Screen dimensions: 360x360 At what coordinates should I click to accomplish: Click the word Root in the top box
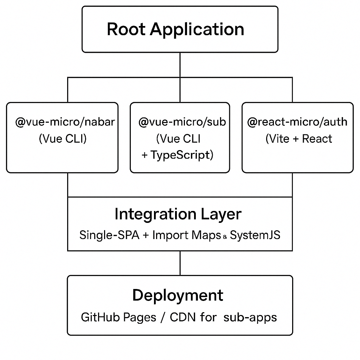pos(126,29)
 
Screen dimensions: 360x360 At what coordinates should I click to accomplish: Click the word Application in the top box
pos(197,30)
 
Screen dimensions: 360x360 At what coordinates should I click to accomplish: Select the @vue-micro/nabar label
pos(65,122)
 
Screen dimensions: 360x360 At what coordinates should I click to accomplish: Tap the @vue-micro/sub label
pos(182,122)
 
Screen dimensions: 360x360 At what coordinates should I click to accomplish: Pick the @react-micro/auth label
pos(297,122)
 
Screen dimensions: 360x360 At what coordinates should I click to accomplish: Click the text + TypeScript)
pos(178,155)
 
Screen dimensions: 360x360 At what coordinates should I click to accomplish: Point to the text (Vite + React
pos(299,139)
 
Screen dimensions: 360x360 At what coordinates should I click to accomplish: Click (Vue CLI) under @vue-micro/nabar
pos(63,139)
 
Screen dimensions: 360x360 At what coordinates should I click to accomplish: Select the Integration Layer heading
pos(178,214)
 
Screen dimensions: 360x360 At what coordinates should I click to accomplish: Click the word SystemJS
pos(255,235)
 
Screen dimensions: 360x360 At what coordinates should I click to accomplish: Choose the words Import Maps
pos(186,235)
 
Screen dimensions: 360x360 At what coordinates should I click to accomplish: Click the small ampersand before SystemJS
pos(225,237)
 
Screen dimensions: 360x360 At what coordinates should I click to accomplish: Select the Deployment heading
pos(178,295)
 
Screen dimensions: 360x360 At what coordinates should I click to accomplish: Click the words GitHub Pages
pos(118,317)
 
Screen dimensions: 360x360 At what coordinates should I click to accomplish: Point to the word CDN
pos(183,317)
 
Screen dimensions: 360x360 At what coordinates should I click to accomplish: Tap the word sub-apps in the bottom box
pos(250,317)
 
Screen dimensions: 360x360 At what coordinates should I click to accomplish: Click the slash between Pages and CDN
pos(162,317)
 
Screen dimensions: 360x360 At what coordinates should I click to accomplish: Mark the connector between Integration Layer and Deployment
pos(180,263)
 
